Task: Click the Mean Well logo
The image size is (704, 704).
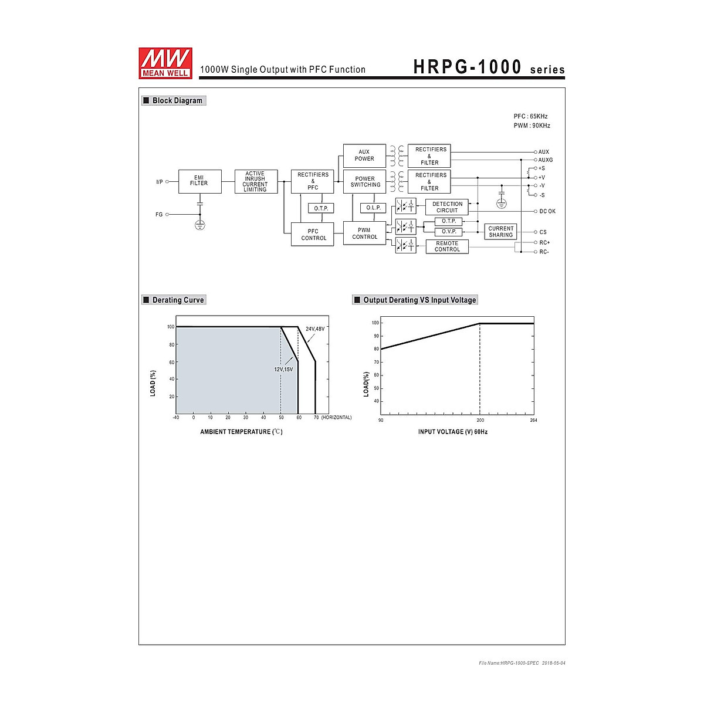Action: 165,62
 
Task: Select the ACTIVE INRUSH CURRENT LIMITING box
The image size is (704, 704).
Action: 255,181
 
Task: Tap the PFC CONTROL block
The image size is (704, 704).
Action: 313,235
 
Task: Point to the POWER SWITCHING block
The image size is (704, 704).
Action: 365,182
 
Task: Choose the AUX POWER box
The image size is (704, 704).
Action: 364,155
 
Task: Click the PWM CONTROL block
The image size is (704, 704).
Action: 365,233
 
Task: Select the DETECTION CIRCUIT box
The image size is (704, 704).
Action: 447,207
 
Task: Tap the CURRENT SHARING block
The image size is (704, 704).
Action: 500,232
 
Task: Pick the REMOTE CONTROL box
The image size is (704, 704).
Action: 447,246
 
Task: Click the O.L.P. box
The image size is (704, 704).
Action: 373,208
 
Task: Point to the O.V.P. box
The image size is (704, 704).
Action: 449,232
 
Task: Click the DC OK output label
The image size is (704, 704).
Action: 547,211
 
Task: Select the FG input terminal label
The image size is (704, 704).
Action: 159,215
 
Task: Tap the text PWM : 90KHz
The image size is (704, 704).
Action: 532,126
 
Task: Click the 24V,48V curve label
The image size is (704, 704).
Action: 315,329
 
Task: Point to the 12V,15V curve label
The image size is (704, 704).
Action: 283,370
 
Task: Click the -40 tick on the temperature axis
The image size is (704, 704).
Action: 176,418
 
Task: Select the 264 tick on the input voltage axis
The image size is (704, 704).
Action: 533,420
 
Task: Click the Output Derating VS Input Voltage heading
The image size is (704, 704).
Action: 419,300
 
